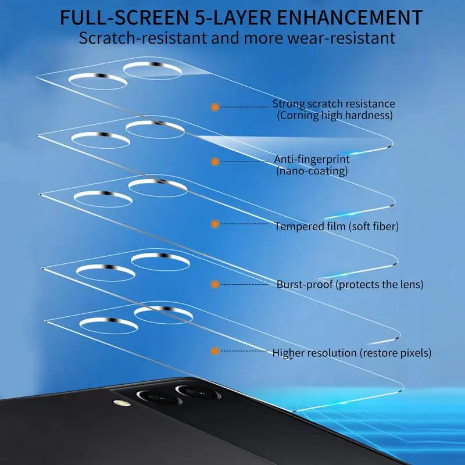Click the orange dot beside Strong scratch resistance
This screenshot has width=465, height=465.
214,108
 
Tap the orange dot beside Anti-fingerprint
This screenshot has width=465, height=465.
214,161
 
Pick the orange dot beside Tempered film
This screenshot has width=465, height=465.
214,223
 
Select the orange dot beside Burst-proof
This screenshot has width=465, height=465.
214,284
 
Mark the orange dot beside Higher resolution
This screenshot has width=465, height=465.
214,351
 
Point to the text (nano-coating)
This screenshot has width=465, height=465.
312,171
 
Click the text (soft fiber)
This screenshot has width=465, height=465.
373,226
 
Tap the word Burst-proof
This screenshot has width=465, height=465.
305,284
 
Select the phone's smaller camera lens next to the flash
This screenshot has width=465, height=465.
155,399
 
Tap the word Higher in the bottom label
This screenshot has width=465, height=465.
288,352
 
